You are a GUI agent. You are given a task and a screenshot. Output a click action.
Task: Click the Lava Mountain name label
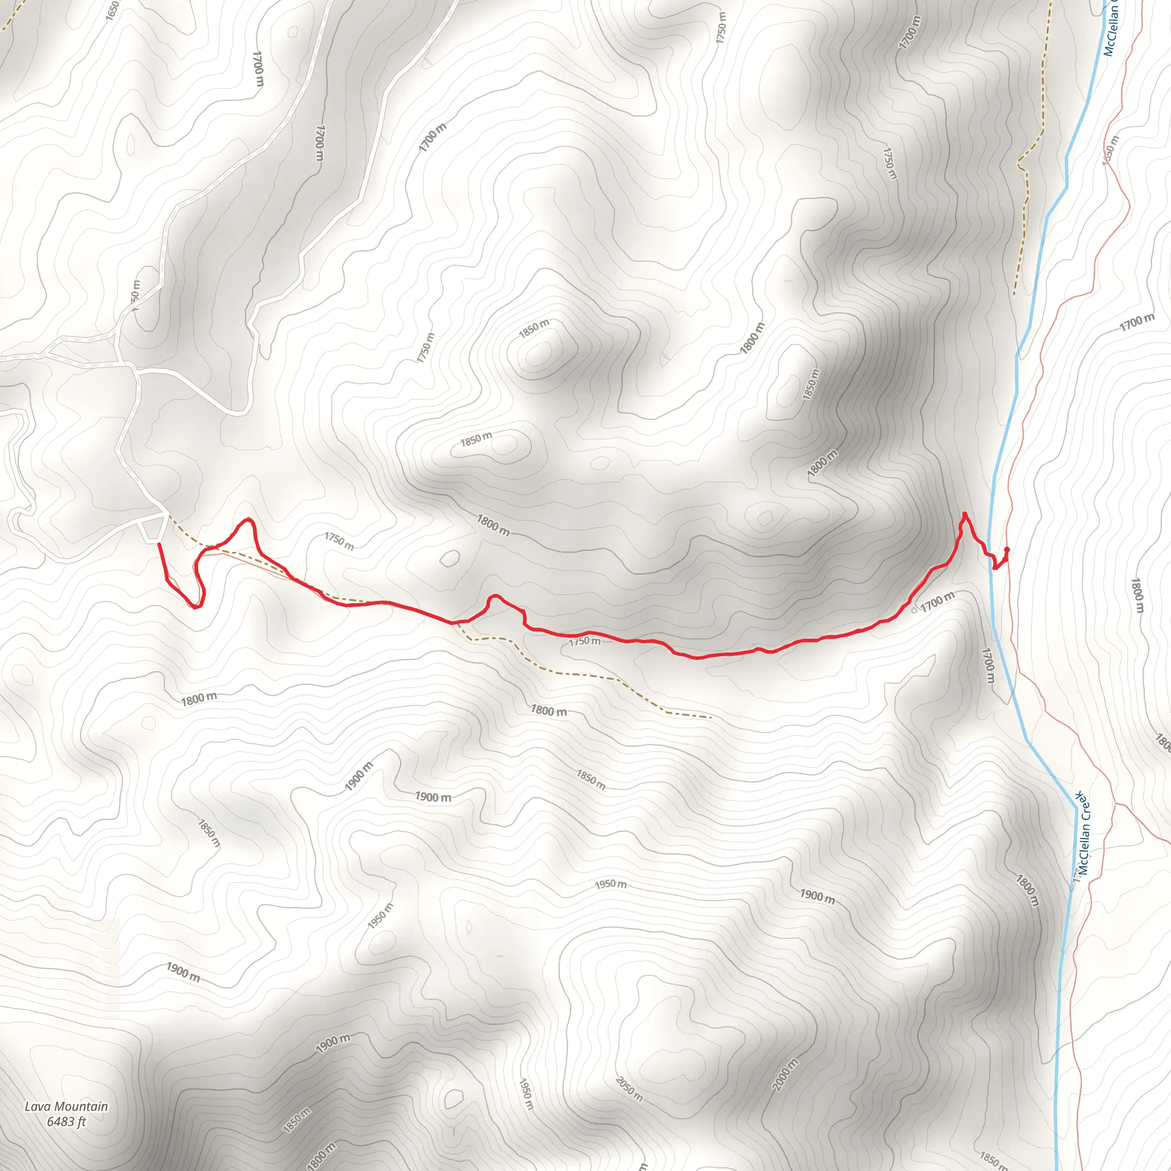pyautogui.click(x=66, y=1106)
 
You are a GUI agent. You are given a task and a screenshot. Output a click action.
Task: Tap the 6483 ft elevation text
pyautogui.click(x=66, y=1121)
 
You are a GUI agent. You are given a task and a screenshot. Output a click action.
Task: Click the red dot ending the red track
pyautogui.click(x=1007, y=549)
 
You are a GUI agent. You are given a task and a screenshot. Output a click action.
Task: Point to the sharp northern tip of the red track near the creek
pyautogui.click(x=965, y=514)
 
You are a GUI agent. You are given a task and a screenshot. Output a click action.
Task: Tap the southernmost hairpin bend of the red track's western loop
pyautogui.click(x=195, y=607)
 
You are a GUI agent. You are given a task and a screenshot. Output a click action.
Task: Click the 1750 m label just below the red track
pyautogui.click(x=584, y=640)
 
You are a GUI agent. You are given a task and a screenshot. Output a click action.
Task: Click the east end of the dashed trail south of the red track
pyautogui.click(x=708, y=717)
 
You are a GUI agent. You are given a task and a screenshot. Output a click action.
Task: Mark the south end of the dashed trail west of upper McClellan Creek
pyautogui.click(x=1013, y=294)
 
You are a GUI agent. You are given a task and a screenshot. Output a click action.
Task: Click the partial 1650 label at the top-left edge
pyautogui.click(x=112, y=9)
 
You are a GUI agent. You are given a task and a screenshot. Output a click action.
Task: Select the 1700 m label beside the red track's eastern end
pyautogui.click(x=937, y=602)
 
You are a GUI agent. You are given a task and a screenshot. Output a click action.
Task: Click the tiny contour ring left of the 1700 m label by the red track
pyautogui.click(x=914, y=610)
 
